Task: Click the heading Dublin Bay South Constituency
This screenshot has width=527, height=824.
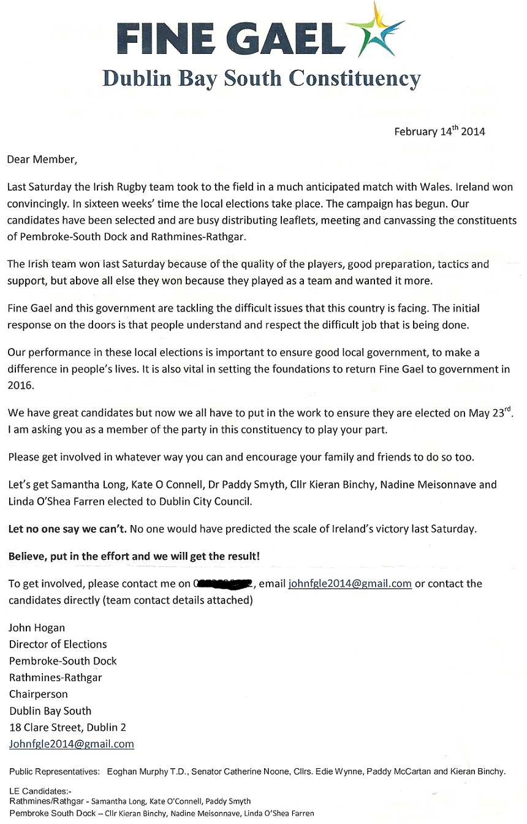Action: point(262,78)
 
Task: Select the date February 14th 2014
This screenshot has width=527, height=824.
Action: point(439,131)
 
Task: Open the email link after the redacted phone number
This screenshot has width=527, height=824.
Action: point(349,583)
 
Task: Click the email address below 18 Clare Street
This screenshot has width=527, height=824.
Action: point(71,744)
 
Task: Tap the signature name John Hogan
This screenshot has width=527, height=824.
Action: point(37,627)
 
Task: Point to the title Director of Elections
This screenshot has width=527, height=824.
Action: point(58,644)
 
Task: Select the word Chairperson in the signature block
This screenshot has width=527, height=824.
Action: point(38,694)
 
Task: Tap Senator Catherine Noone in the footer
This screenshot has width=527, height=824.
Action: point(240,771)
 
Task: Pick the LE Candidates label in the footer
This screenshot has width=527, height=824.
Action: point(40,791)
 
